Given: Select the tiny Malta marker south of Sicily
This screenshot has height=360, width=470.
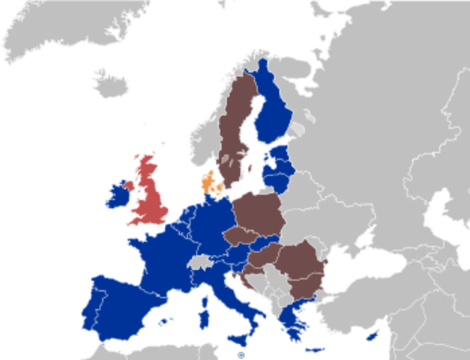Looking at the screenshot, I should pyautogui.click(x=240, y=355).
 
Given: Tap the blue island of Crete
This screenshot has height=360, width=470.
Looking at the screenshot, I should pyautogui.click(x=315, y=348).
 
